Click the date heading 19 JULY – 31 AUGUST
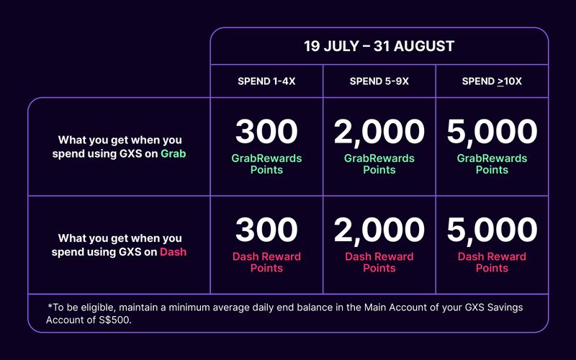click(379, 46)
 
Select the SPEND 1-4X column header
click(266, 81)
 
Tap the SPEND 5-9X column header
click(379, 81)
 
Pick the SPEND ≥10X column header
click(492, 81)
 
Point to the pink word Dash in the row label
click(173, 252)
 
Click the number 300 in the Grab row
click(266, 132)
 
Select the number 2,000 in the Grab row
click(379, 132)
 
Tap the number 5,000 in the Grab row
click(492, 132)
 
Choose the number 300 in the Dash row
click(266, 230)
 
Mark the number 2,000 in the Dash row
click(379, 230)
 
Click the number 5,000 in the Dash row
click(492, 230)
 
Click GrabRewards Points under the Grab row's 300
click(266, 164)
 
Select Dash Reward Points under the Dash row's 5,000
click(492, 262)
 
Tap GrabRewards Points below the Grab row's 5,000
click(492, 164)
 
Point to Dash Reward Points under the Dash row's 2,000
click(379, 262)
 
